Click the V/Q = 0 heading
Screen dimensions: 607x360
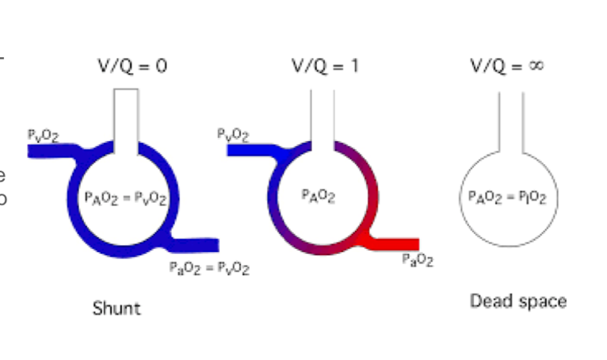tap(132, 66)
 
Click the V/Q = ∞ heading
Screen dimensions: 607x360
tap(506, 66)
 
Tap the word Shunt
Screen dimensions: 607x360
tap(116, 308)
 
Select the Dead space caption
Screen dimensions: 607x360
tap(518, 301)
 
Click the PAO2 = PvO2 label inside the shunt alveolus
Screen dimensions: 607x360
tap(125, 199)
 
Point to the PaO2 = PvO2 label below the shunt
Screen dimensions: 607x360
tap(209, 269)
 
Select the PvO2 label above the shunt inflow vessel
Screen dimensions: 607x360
tap(41, 136)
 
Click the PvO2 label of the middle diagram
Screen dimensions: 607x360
tap(234, 136)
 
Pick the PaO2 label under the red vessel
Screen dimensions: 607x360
tap(418, 259)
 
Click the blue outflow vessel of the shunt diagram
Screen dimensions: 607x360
tap(198, 243)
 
